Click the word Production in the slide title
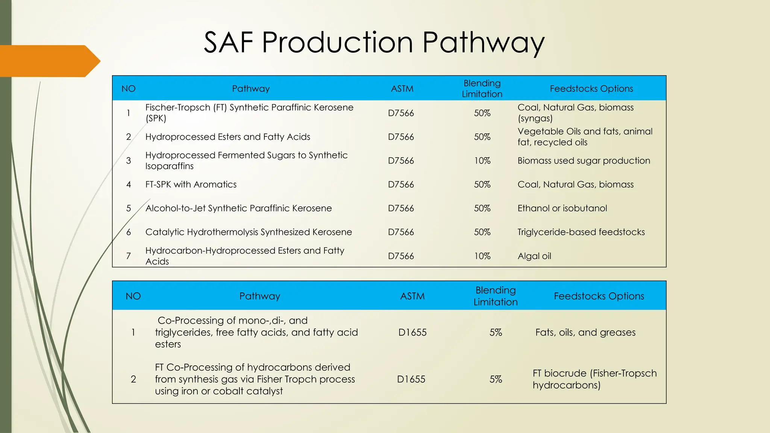tap(337, 42)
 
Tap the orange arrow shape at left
tap(47, 61)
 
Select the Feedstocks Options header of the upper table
tap(591, 89)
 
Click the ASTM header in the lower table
tap(412, 296)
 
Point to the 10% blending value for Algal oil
tap(482, 256)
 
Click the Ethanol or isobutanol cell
tap(562, 208)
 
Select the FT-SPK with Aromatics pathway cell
tap(191, 185)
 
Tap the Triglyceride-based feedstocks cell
tap(581, 232)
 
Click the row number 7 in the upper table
tap(129, 256)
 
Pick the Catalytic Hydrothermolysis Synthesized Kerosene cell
tap(249, 232)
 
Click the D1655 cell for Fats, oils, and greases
tap(412, 332)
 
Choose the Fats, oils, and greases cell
tap(585, 332)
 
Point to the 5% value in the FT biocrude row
tap(496, 379)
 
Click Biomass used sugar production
tap(584, 160)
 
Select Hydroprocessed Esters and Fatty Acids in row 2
tap(227, 137)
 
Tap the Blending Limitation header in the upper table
tap(482, 89)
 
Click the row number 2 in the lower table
tap(133, 379)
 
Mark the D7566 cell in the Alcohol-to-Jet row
tap(401, 208)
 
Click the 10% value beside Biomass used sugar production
tap(482, 160)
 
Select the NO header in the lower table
tap(133, 296)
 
